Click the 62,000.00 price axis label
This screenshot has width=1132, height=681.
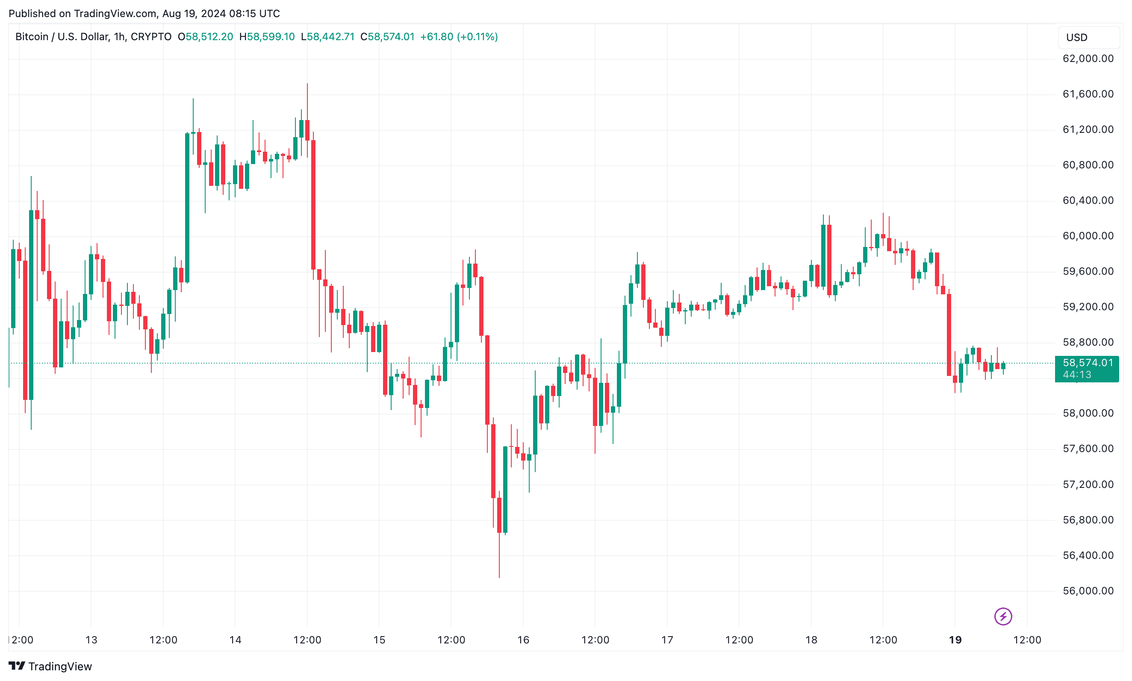1088,59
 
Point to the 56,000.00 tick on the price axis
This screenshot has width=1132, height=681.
1088,590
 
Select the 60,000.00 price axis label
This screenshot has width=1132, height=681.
1088,236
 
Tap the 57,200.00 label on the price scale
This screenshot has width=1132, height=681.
1088,484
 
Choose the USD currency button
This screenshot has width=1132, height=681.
1088,38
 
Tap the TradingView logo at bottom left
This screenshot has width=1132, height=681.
50,666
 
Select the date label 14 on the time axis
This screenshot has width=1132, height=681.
235,640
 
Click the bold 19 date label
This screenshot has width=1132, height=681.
955,640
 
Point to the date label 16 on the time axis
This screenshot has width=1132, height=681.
523,640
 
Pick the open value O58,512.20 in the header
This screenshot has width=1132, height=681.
205,37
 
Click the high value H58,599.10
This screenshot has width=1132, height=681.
267,37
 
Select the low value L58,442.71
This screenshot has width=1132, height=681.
327,37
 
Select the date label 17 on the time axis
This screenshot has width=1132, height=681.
666,640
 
